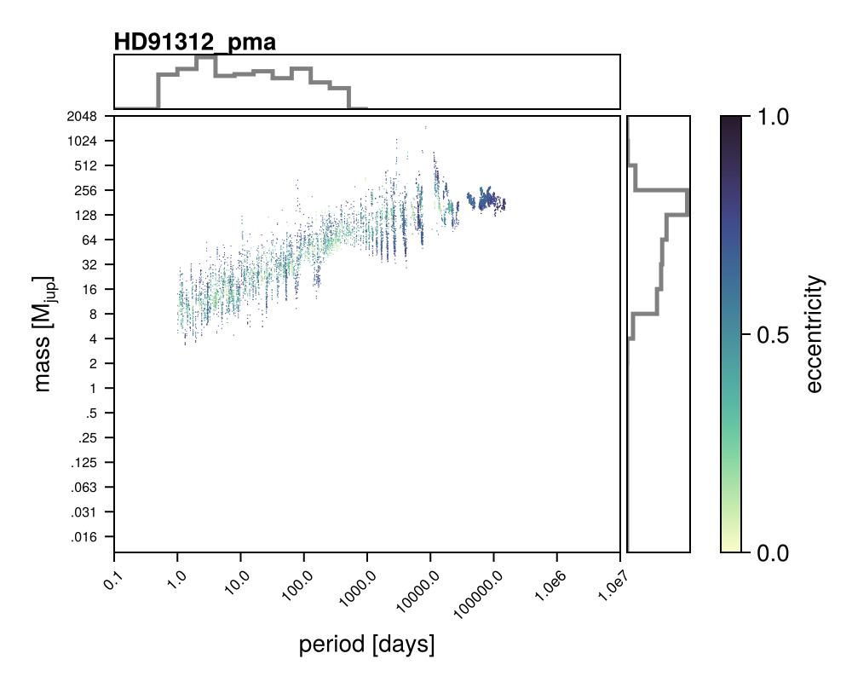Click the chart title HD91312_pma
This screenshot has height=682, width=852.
194,42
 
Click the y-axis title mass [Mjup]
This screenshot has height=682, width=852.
44,334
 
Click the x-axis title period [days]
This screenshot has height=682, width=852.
366,644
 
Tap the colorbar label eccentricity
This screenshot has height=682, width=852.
814,334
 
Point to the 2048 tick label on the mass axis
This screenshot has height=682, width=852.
82,117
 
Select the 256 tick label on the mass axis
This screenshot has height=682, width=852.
86,190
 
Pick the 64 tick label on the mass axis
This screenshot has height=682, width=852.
89,240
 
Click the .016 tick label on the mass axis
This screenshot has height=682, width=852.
84,537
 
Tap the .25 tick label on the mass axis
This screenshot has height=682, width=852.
88,438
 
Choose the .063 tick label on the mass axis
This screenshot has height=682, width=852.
84,488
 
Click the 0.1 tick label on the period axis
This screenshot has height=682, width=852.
113,581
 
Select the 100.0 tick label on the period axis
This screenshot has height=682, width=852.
297,585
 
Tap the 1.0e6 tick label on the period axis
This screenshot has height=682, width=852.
551,586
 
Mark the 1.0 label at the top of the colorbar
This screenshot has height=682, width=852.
773,117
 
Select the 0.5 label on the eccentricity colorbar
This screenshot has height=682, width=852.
773,335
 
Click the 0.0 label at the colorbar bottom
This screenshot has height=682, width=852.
773,553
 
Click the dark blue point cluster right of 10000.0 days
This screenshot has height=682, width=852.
486,200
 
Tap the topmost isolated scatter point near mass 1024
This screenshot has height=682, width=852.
425,127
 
